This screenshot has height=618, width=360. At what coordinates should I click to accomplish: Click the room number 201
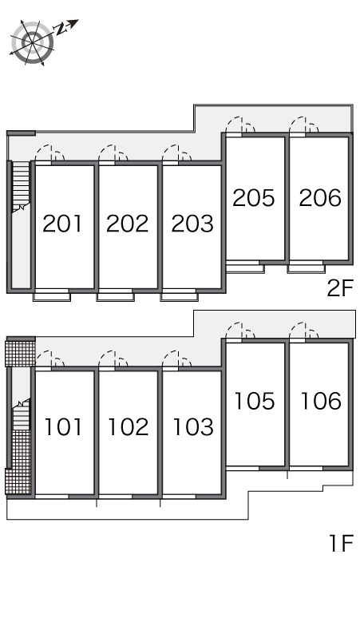click(x=62, y=224)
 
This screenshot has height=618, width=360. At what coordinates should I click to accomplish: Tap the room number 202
click(x=127, y=224)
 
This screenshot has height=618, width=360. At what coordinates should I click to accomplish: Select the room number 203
click(x=192, y=224)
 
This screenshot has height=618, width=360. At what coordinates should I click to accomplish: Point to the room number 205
click(x=253, y=198)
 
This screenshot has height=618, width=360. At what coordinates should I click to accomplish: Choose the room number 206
click(x=320, y=198)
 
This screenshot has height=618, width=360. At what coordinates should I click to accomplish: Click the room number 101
click(x=63, y=427)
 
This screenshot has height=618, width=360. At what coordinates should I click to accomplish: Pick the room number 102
click(x=129, y=427)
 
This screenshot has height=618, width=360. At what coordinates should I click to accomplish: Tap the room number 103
click(x=193, y=427)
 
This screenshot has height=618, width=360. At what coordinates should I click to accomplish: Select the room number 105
click(x=255, y=401)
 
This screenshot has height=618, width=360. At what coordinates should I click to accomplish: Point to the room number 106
click(x=321, y=401)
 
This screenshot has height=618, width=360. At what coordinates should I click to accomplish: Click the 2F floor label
click(x=341, y=288)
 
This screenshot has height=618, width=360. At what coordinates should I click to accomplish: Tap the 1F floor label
click(x=342, y=543)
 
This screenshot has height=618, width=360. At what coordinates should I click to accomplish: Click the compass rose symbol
click(x=32, y=42)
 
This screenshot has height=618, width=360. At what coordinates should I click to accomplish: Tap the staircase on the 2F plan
click(x=21, y=187)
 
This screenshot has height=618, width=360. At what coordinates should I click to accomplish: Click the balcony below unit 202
click(x=115, y=295)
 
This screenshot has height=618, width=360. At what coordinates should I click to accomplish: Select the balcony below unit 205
click(x=244, y=267)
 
